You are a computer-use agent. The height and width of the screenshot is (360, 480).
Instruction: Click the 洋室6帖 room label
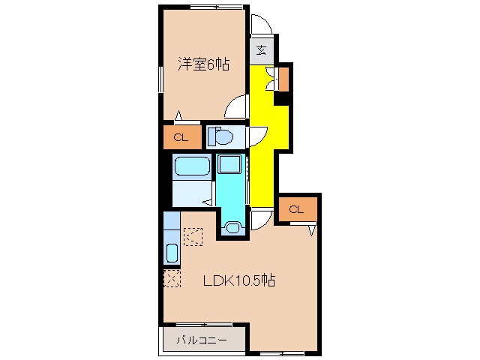203,64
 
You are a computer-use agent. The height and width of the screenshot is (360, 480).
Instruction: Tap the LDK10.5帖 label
239,280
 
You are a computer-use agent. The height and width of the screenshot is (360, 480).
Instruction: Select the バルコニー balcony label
202,340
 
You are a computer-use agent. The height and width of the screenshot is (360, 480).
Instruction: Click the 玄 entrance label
261,50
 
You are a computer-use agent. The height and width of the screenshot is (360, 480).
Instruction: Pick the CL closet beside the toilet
182,137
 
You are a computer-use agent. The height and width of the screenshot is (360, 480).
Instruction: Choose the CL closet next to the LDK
298,209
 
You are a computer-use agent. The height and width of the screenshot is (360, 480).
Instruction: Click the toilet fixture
220,136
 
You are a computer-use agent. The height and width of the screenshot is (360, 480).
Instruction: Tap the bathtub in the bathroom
192,166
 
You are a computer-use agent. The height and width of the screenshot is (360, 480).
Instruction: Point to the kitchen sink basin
172,253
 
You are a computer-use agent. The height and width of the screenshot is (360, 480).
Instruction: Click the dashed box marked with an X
172,278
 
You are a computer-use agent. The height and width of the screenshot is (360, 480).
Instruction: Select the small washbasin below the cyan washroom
233,227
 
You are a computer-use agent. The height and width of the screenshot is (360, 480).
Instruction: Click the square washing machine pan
229,164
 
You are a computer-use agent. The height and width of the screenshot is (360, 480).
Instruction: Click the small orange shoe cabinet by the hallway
283,79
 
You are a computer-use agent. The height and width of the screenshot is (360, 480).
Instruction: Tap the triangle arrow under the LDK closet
312,230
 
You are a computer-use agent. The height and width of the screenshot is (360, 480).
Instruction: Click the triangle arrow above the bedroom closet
178,115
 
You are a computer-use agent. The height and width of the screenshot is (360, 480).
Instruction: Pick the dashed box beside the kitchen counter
193,237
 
